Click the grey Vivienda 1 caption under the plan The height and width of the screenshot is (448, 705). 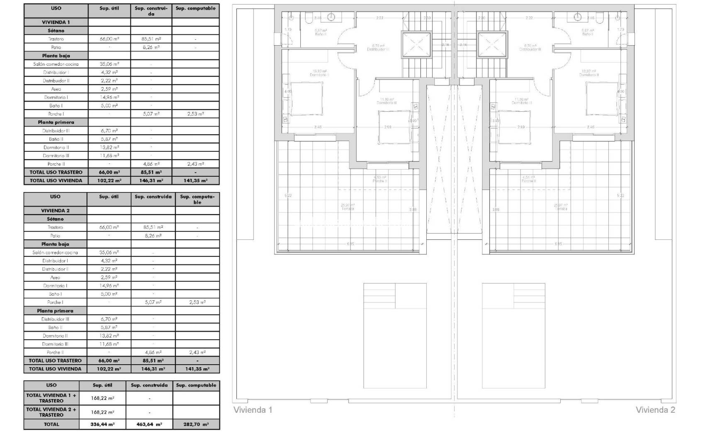point(253,410)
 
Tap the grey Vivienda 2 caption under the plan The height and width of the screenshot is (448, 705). point(655,410)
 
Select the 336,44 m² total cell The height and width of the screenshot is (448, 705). point(102,424)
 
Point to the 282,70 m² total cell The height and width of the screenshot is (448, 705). point(196,424)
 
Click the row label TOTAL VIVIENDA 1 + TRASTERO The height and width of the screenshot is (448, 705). point(51,398)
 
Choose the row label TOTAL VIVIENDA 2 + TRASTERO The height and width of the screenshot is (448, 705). point(51,412)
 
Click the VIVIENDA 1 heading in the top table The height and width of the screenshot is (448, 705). point(56,22)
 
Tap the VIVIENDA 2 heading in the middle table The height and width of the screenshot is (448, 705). point(55,211)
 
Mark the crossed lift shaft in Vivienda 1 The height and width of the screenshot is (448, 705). point(414,44)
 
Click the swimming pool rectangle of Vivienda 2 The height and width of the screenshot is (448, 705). point(513,336)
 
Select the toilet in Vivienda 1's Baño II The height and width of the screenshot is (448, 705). point(309,18)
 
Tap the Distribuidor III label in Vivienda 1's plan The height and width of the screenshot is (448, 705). point(378,49)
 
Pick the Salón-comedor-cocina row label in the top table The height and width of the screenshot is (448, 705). point(56,64)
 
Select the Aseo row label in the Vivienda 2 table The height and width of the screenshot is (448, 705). point(55,278)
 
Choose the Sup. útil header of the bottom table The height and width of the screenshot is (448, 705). point(102,385)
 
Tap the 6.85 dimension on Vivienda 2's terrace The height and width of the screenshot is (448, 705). point(558,244)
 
